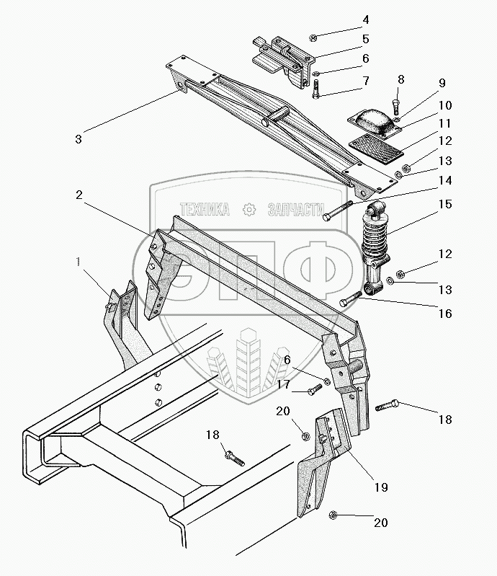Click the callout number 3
tap(79, 139)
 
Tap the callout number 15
tap(445, 204)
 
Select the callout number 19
tap(381, 487)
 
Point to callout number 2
tap(79, 195)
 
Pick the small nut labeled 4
tap(313, 37)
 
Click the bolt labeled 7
tap(315, 89)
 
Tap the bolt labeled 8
tap(395, 106)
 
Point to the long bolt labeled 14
tap(337, 211)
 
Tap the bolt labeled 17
tap(315, 389)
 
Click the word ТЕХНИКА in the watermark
tap(205, 209)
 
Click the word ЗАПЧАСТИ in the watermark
tap(296, 210)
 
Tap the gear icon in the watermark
tap(249, 209)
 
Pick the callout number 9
tap(442, 83)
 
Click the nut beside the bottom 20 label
tap(333, 515)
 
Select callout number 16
tap(445, 314)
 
